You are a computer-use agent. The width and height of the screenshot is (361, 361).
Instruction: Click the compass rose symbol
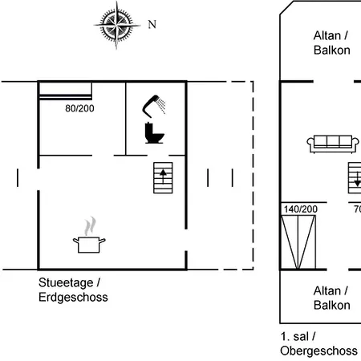[116, 26]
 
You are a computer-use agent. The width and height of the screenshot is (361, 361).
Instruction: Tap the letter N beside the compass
[152, 24]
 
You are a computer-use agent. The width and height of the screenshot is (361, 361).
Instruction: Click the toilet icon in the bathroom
[154, 133]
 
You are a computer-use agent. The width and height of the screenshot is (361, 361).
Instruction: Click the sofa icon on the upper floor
[333, 144]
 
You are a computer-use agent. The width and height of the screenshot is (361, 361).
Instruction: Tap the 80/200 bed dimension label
[79, 108]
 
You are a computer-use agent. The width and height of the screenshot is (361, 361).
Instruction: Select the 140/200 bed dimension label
[301, 209]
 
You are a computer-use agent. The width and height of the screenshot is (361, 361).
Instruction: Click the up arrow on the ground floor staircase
[163, 176]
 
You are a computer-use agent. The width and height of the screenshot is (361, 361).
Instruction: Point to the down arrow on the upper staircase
[358, 180]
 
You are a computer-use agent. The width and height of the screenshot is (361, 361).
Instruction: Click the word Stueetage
[66, 283]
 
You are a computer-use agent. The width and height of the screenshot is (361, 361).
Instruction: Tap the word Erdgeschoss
[73, 298]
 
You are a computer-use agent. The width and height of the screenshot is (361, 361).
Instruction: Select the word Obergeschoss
[318, 351]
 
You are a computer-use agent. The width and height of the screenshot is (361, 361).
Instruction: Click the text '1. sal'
[294, 336]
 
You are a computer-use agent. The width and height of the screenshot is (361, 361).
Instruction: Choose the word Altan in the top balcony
[327, 35]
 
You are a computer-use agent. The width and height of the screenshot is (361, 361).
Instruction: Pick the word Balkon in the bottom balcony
[332, 305]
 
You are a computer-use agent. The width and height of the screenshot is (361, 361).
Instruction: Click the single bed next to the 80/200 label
[66, 91]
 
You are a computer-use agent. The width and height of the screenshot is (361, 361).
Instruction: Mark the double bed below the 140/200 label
[298, 242]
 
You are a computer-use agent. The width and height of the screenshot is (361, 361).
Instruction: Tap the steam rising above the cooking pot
[91, 226]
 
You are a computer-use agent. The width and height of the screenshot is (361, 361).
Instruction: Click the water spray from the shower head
[161, 106]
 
